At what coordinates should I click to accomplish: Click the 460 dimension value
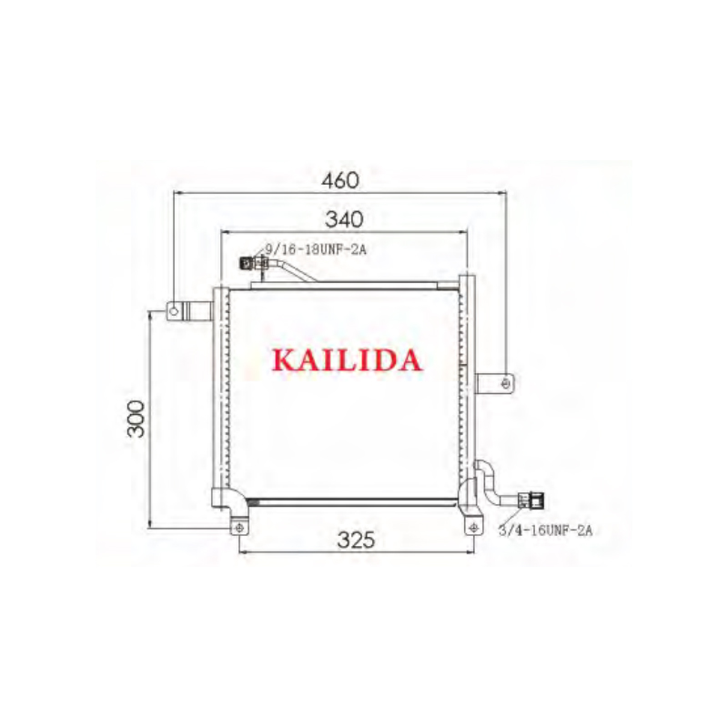(340, 180)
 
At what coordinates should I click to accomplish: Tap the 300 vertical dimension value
(136, 419)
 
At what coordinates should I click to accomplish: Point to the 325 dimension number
(356, 540)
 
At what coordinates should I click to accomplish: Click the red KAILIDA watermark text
(347, 360)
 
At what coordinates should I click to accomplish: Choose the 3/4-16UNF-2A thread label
(545, 530)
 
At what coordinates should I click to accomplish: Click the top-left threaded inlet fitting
(248, 264)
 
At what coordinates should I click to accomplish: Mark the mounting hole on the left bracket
(173, 312)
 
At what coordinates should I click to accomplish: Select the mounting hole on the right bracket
(506, 383)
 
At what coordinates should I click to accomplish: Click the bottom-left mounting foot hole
(238, 528)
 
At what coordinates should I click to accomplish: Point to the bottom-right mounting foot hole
(471, 528)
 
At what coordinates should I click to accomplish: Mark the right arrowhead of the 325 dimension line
(469, 551)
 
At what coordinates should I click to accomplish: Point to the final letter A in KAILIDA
(409, 360)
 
